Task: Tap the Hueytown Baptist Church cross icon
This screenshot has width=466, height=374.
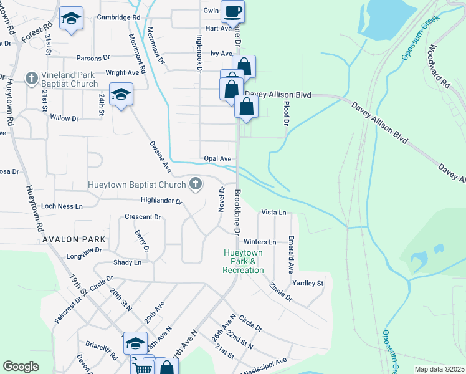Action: [196, 184]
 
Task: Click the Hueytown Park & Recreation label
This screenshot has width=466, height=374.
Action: [243, 261]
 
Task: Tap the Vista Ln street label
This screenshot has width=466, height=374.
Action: [273, 213]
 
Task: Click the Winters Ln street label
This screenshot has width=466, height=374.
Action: [260, 242]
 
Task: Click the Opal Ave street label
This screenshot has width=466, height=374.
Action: [217, 159]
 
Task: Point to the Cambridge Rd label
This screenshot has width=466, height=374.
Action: [119, 18]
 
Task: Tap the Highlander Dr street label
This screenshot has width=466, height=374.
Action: [161, 201]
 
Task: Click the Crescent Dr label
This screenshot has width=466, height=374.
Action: [143, 217]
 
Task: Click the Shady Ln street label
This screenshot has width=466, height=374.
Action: [127, 262]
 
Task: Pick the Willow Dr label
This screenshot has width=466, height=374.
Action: [64, 117]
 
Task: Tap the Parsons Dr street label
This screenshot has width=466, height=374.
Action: [93, 59]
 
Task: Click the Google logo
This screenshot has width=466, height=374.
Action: [21, 367]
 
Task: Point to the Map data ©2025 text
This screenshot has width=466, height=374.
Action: [439, 369]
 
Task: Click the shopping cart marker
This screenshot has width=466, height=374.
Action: [143, 367]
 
